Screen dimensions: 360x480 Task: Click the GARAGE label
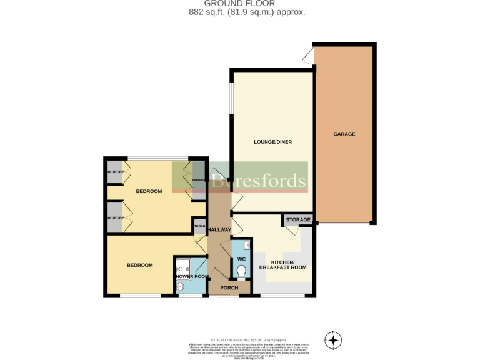pos(344,134)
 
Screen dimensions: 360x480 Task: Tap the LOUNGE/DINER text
pos(272,142)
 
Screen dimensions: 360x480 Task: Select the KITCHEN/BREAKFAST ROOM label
pos(288,264)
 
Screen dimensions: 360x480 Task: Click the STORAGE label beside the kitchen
pos(299,220)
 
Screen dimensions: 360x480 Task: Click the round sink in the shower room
pos(179,287)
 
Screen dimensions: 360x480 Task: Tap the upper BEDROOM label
pos(149,191)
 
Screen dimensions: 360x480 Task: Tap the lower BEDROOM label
pos(139,266)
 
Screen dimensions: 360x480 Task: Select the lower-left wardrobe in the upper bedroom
pos(114,217)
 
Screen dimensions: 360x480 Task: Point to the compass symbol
pos(334,341)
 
